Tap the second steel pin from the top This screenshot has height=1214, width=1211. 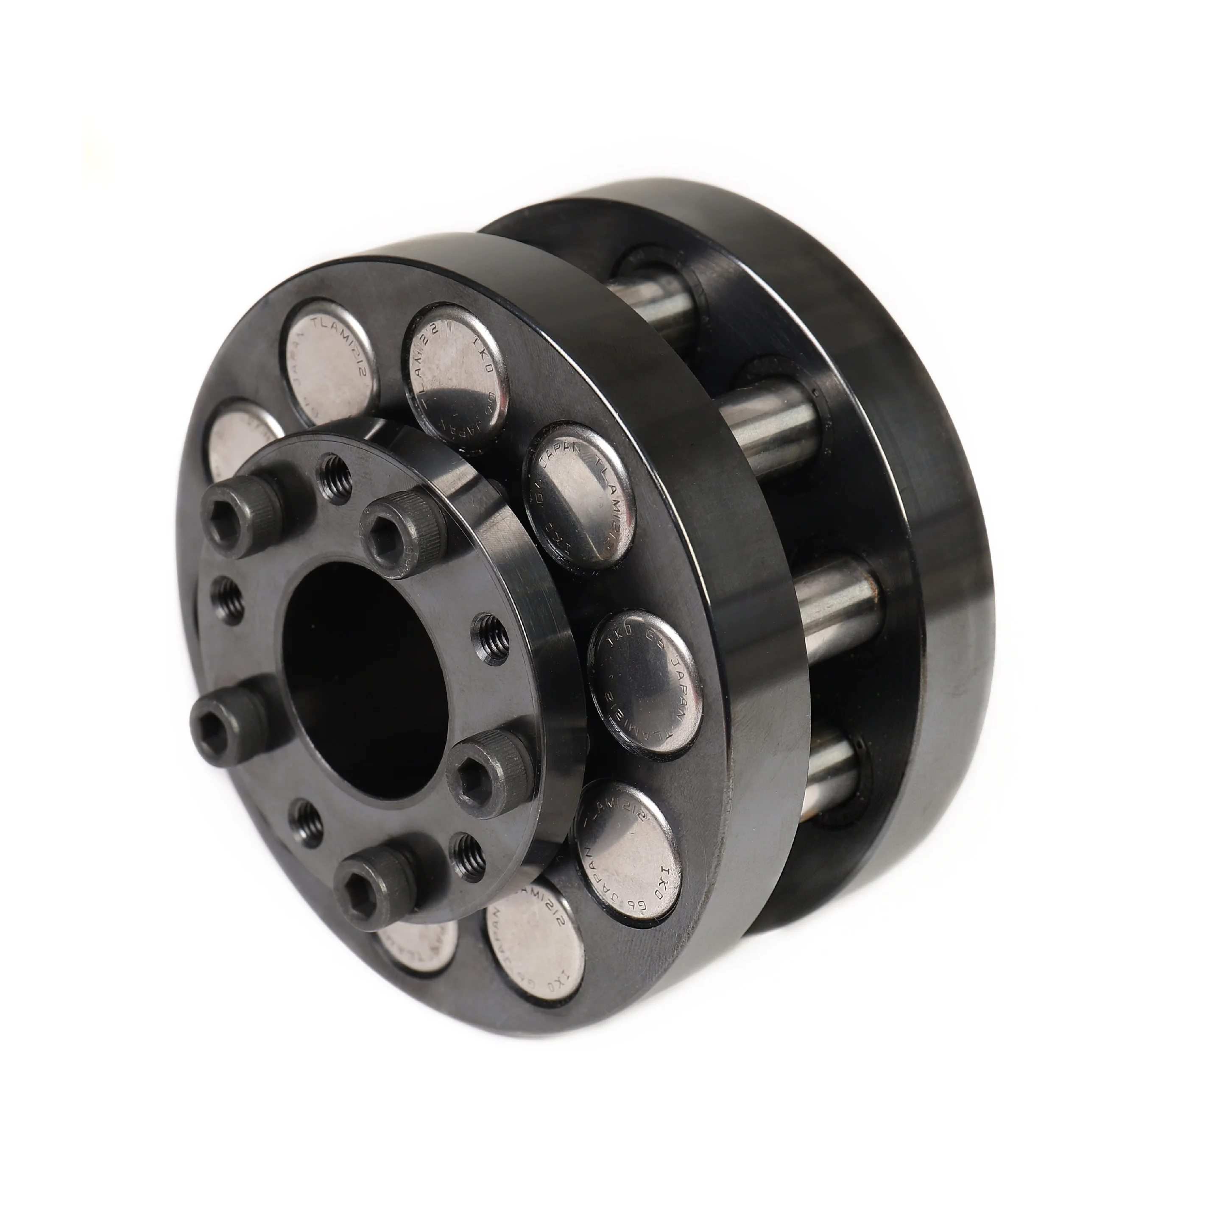tap(767, 414)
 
